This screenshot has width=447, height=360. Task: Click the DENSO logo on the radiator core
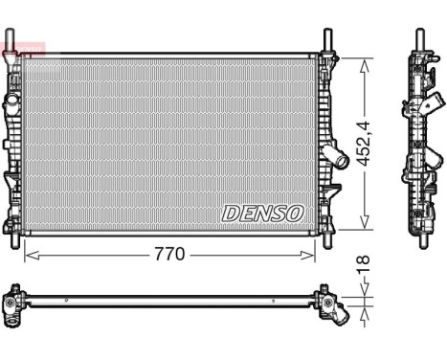coord(262,213)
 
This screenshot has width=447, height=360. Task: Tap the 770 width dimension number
coord(169,256)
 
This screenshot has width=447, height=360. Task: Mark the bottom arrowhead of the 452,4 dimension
coord(363,226)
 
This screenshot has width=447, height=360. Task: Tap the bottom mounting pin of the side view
coord(419,240)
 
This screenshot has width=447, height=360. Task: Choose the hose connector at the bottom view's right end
coord(337,308)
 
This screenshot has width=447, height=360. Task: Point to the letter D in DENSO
coord(231,213)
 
